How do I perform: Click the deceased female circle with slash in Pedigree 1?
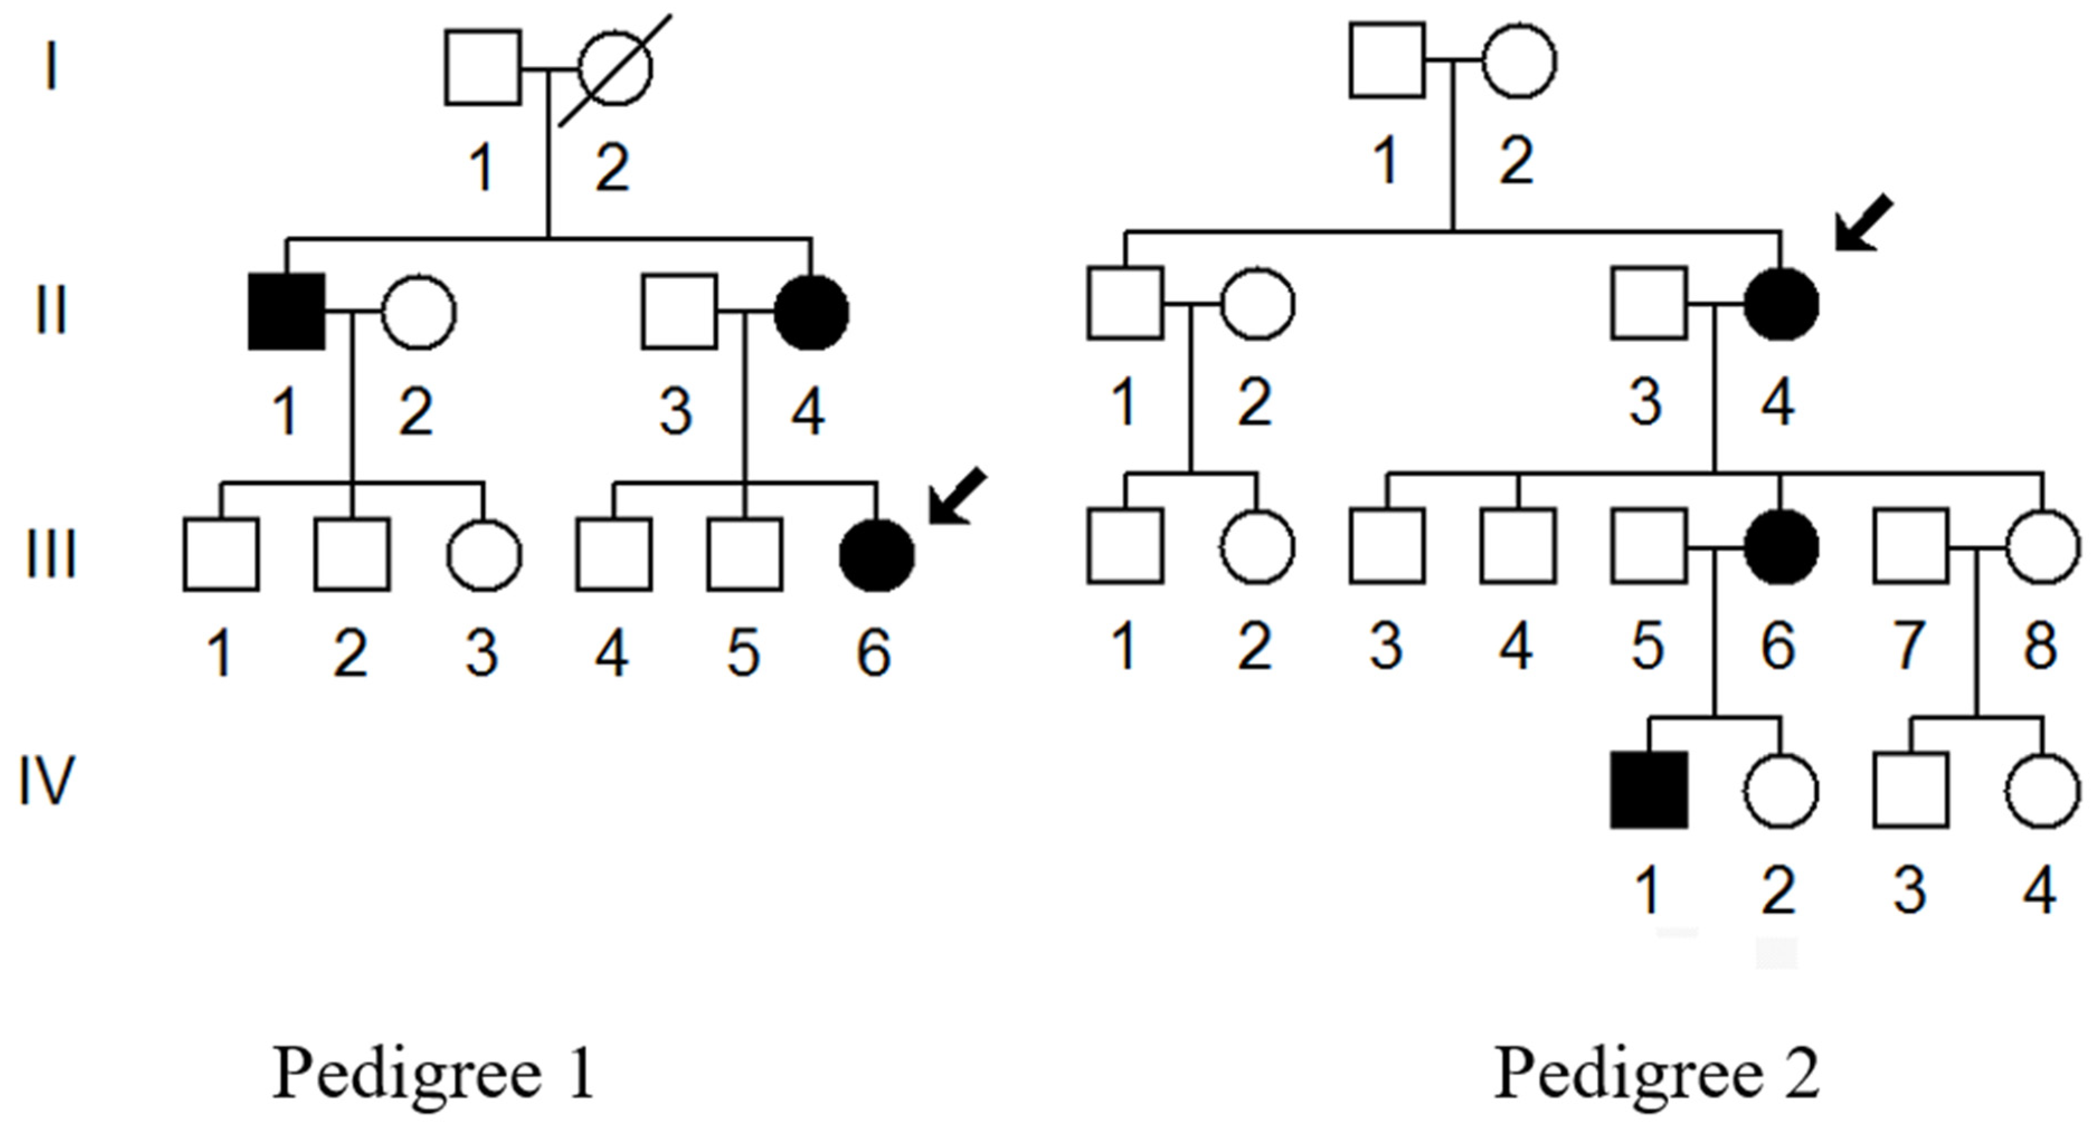[x=615, y=68]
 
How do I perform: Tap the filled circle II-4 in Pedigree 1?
[x=812, y=312]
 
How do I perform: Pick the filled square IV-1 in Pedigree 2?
[x=1649, y=790]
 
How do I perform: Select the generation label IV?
[x=47, y=781]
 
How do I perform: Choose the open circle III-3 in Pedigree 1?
[x=484, y=555]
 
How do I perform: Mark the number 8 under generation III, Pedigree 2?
[x=2040, y=646]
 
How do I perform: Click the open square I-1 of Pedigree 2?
[x=1387, y=61]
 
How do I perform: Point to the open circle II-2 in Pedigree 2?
[x=1257, y=304]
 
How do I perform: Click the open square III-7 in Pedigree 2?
[x=1911, y=546]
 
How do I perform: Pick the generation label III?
[x=51, y=555]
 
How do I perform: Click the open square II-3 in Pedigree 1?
[x=679, y=312]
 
